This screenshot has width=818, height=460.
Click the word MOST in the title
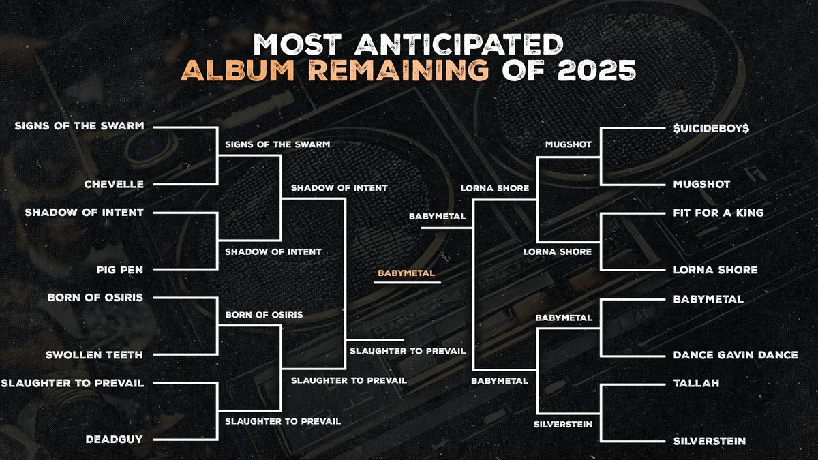click(298, 44)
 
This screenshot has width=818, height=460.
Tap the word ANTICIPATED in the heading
click(459, 44)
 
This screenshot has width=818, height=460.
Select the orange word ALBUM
click(238, 70)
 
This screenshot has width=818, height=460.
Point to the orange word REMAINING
click(398, 70)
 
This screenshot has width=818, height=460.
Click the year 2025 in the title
click(596, 70)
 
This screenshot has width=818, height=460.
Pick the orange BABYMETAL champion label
click(406, 273)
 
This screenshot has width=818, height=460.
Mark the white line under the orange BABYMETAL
click(407, 283)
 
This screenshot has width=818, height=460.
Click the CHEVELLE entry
click(114, 185)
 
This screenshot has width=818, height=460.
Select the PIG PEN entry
click(120, 270)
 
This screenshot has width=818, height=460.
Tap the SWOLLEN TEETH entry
click(94, 355)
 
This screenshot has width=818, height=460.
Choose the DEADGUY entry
click(114, 439)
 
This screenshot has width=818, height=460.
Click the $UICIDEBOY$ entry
click(711, 128)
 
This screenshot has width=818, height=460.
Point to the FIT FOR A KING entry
click(718, 213)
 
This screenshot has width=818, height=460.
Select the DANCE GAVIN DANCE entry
click(736, 355)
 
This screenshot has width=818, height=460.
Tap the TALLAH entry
click(696, 383)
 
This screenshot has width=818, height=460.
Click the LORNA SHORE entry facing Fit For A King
click(715, 270)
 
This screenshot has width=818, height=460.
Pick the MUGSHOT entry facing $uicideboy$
click(701, 185)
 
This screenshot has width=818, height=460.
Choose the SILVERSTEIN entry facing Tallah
click(709, 441)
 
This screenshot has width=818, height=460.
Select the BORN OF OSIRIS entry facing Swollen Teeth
click(95, 298)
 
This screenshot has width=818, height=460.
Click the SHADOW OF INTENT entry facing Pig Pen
click(84, 213)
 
